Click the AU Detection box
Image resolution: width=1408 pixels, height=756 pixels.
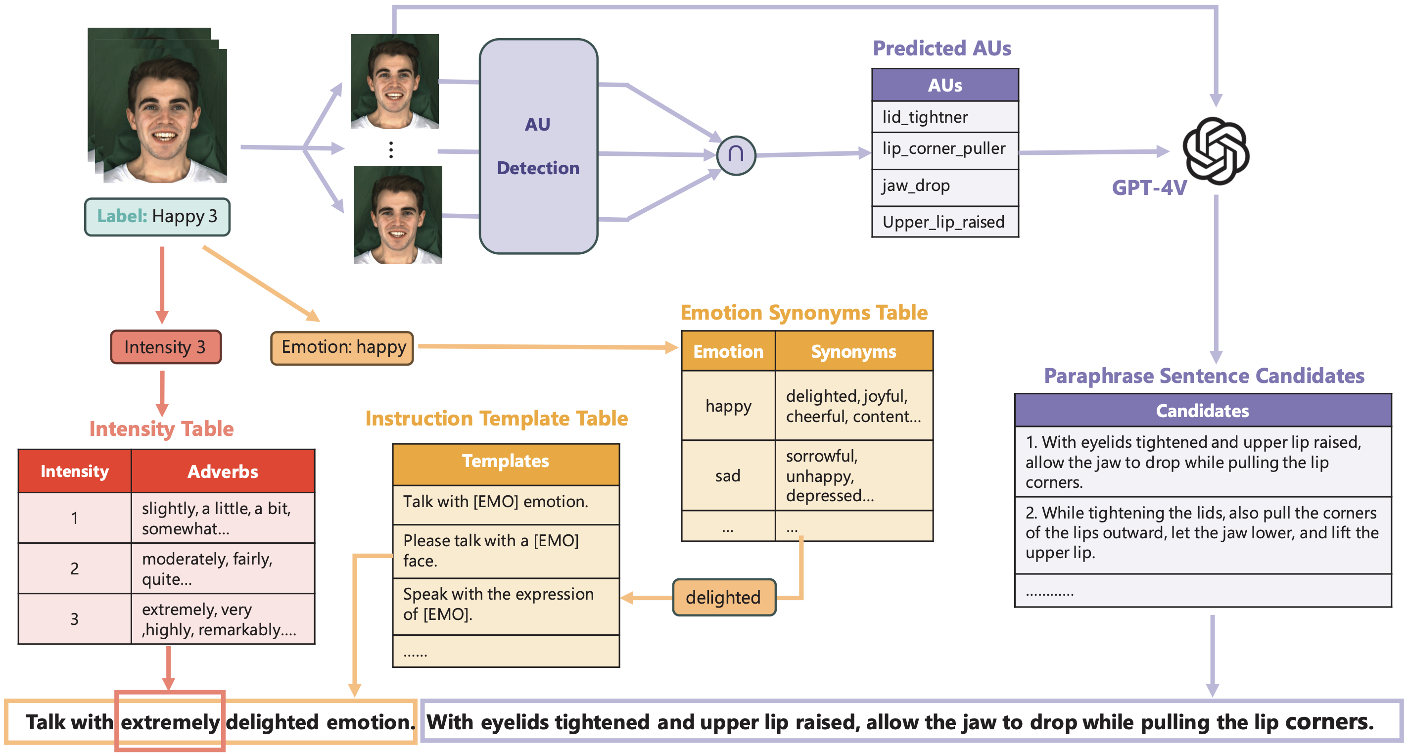coord(538,146)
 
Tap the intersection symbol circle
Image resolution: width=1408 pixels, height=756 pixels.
coord(736,155)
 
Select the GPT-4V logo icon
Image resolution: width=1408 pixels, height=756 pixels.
coord(1216,150)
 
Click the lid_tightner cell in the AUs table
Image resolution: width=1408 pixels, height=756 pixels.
coord(944,117)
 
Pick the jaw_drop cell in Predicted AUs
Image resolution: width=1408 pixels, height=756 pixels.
coord(944,186)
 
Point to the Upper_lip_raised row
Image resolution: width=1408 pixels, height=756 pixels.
coord(944,222)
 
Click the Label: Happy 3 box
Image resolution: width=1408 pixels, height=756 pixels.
coord(157,217)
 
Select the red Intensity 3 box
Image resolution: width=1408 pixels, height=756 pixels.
coord(166,347)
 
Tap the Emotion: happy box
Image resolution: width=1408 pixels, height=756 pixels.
coord(342,348)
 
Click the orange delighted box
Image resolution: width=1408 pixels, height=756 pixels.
coord(724,598)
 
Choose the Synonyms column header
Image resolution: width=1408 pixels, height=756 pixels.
coord(853,351)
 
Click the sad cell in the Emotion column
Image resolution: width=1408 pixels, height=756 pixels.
coord(728,475)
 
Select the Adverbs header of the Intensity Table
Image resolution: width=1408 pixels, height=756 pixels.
coord(223,472)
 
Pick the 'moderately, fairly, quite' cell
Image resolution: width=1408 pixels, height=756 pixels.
coord(223,568)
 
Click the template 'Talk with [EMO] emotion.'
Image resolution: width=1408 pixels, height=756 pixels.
coord(506,502)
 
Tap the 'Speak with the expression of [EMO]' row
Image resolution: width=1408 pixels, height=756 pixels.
coord(506,605)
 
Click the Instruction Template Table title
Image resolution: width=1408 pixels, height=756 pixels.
coord(496,419)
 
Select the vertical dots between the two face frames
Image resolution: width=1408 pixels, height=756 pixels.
coord(391,150)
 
